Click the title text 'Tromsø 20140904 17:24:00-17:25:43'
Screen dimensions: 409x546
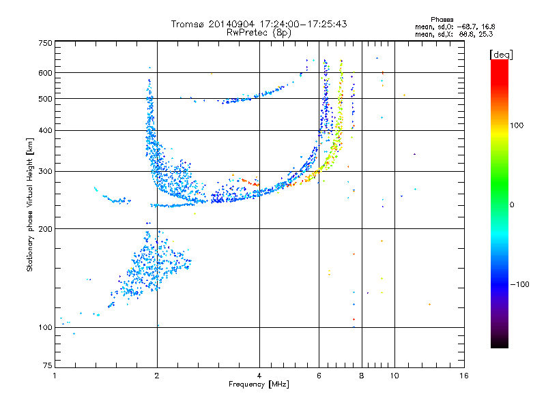[x=259, y=24]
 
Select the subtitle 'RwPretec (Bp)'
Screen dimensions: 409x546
[x=259, y=32]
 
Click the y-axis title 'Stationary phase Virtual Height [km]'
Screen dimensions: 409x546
[x=30, y=204]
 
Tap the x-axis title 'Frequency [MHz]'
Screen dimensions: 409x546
[x=259, y=384]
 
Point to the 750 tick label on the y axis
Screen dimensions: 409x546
[x=45, y=43]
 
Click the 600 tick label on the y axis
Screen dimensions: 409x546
[x=45, y=72]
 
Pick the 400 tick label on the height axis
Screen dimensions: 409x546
[x=45, y=130]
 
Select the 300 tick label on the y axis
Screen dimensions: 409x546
[x=45, y=171]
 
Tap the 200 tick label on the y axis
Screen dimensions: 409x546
[x=45, y=228]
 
